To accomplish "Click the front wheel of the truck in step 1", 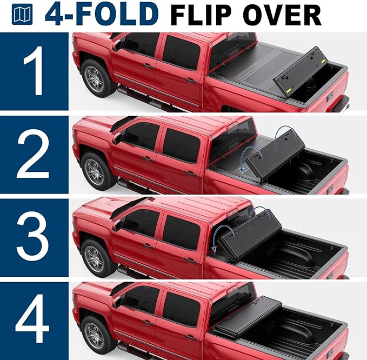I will pos(95,80).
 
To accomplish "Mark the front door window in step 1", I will pos(138,46).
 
